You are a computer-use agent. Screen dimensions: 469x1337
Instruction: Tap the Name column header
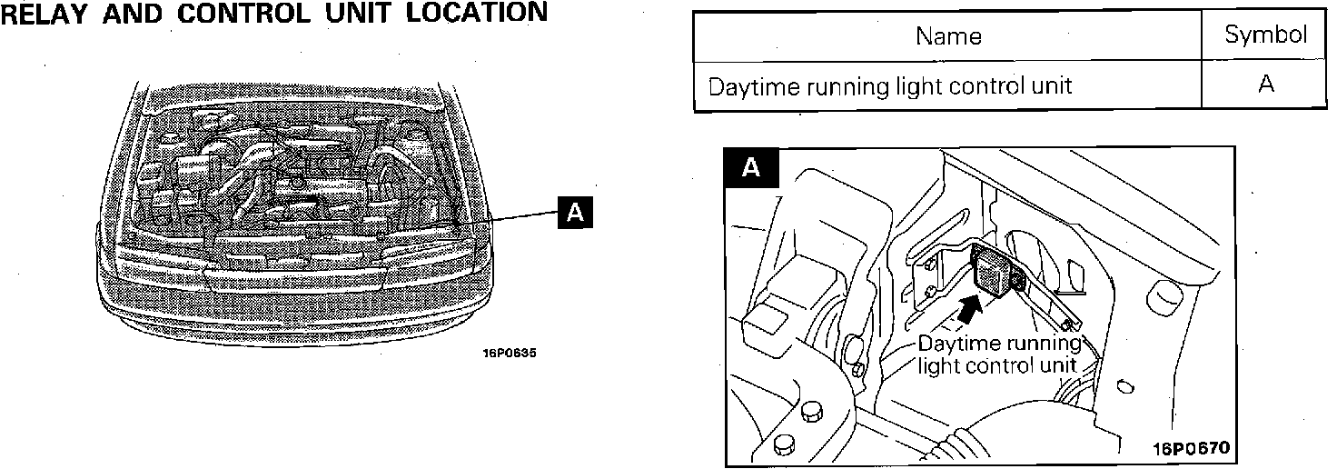tap(948, 36)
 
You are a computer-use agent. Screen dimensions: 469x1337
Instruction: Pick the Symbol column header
tap(1265, 35)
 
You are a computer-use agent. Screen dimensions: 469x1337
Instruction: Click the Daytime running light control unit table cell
tap(889, 86)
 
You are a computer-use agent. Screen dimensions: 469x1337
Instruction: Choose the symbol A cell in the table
tap(1266, 85)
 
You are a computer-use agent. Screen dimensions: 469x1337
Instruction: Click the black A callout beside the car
tap(574, 212)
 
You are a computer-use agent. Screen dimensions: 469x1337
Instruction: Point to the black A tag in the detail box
tap(749, 167)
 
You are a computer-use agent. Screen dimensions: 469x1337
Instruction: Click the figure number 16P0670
tap(1191, 449)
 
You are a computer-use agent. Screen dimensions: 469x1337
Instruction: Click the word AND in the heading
tap(146, 13)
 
